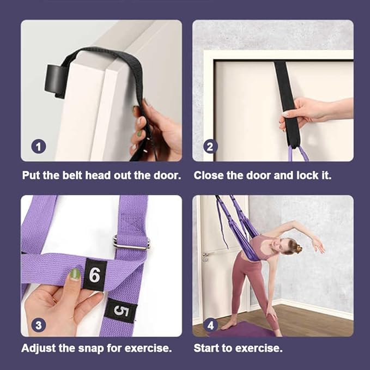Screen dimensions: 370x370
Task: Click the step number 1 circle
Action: click(x=39, y=147)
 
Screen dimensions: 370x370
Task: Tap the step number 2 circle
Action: click(x=210, y=147)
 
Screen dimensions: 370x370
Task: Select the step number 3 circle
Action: click(x=39, y=325)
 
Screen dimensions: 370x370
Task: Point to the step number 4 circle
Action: click(x=210, y=325)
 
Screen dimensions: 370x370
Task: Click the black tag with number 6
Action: click(x=95, y=275)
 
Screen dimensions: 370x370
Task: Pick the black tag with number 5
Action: click(x=121, y=311)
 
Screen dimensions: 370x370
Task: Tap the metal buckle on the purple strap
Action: click(x=131, y=242)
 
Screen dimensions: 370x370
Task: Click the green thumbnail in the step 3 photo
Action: click(x=75, y=274)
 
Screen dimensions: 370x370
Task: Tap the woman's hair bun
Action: click(x=298, y=248)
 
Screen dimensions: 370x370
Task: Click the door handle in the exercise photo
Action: click(x=206, y=256)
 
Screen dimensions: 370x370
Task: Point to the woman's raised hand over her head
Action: click(x=319, y=245)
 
